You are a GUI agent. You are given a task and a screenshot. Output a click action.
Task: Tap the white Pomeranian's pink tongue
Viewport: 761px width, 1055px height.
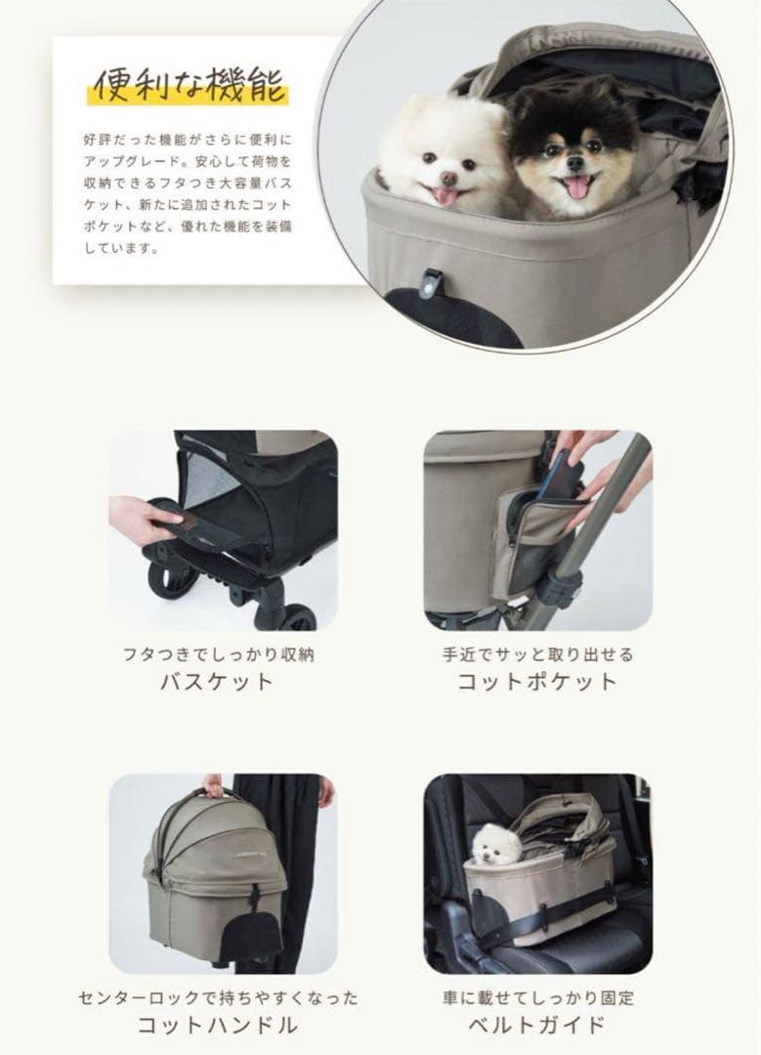coord(445,195)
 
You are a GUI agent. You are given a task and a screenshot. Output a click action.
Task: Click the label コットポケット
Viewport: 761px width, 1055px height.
coord(537,681)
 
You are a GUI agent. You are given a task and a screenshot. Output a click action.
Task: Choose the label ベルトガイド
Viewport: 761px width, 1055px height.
coord(537,1025)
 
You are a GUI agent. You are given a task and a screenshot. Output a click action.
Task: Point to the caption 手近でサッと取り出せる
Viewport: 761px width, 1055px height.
coord(537,654)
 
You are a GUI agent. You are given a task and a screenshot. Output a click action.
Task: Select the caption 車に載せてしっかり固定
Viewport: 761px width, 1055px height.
coord(537,997)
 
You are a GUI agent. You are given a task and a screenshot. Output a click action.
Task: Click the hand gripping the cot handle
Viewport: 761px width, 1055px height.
coord(212,785)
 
